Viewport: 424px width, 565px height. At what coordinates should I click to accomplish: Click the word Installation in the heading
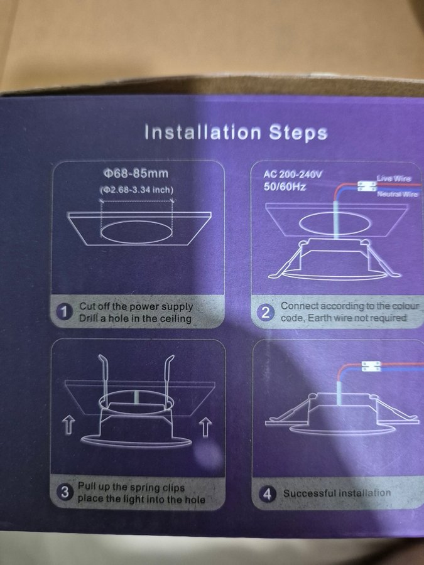[203, 132]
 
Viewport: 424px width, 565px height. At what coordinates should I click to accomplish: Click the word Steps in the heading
[298, 132]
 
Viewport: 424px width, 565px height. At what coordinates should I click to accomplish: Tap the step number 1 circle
[65, 312]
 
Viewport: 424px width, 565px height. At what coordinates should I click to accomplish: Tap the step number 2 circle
[266, 313]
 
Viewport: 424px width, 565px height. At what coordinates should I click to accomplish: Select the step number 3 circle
[65, 492]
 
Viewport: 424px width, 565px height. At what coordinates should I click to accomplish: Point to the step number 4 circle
[267, 494]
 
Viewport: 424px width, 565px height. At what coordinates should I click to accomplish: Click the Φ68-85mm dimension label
[136, 173]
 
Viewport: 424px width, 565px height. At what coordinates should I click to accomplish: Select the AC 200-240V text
[292, 175]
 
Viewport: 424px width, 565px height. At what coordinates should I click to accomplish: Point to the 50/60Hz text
[285, 187]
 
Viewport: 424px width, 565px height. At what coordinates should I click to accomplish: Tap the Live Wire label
[394, 178]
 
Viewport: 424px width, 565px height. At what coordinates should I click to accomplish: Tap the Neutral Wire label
[398, 194]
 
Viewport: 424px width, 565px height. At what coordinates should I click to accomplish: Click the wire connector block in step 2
[367, 186]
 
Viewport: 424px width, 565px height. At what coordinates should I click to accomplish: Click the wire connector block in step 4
[371, 367]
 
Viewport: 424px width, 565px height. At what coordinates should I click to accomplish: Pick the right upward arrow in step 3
[205, 428]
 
